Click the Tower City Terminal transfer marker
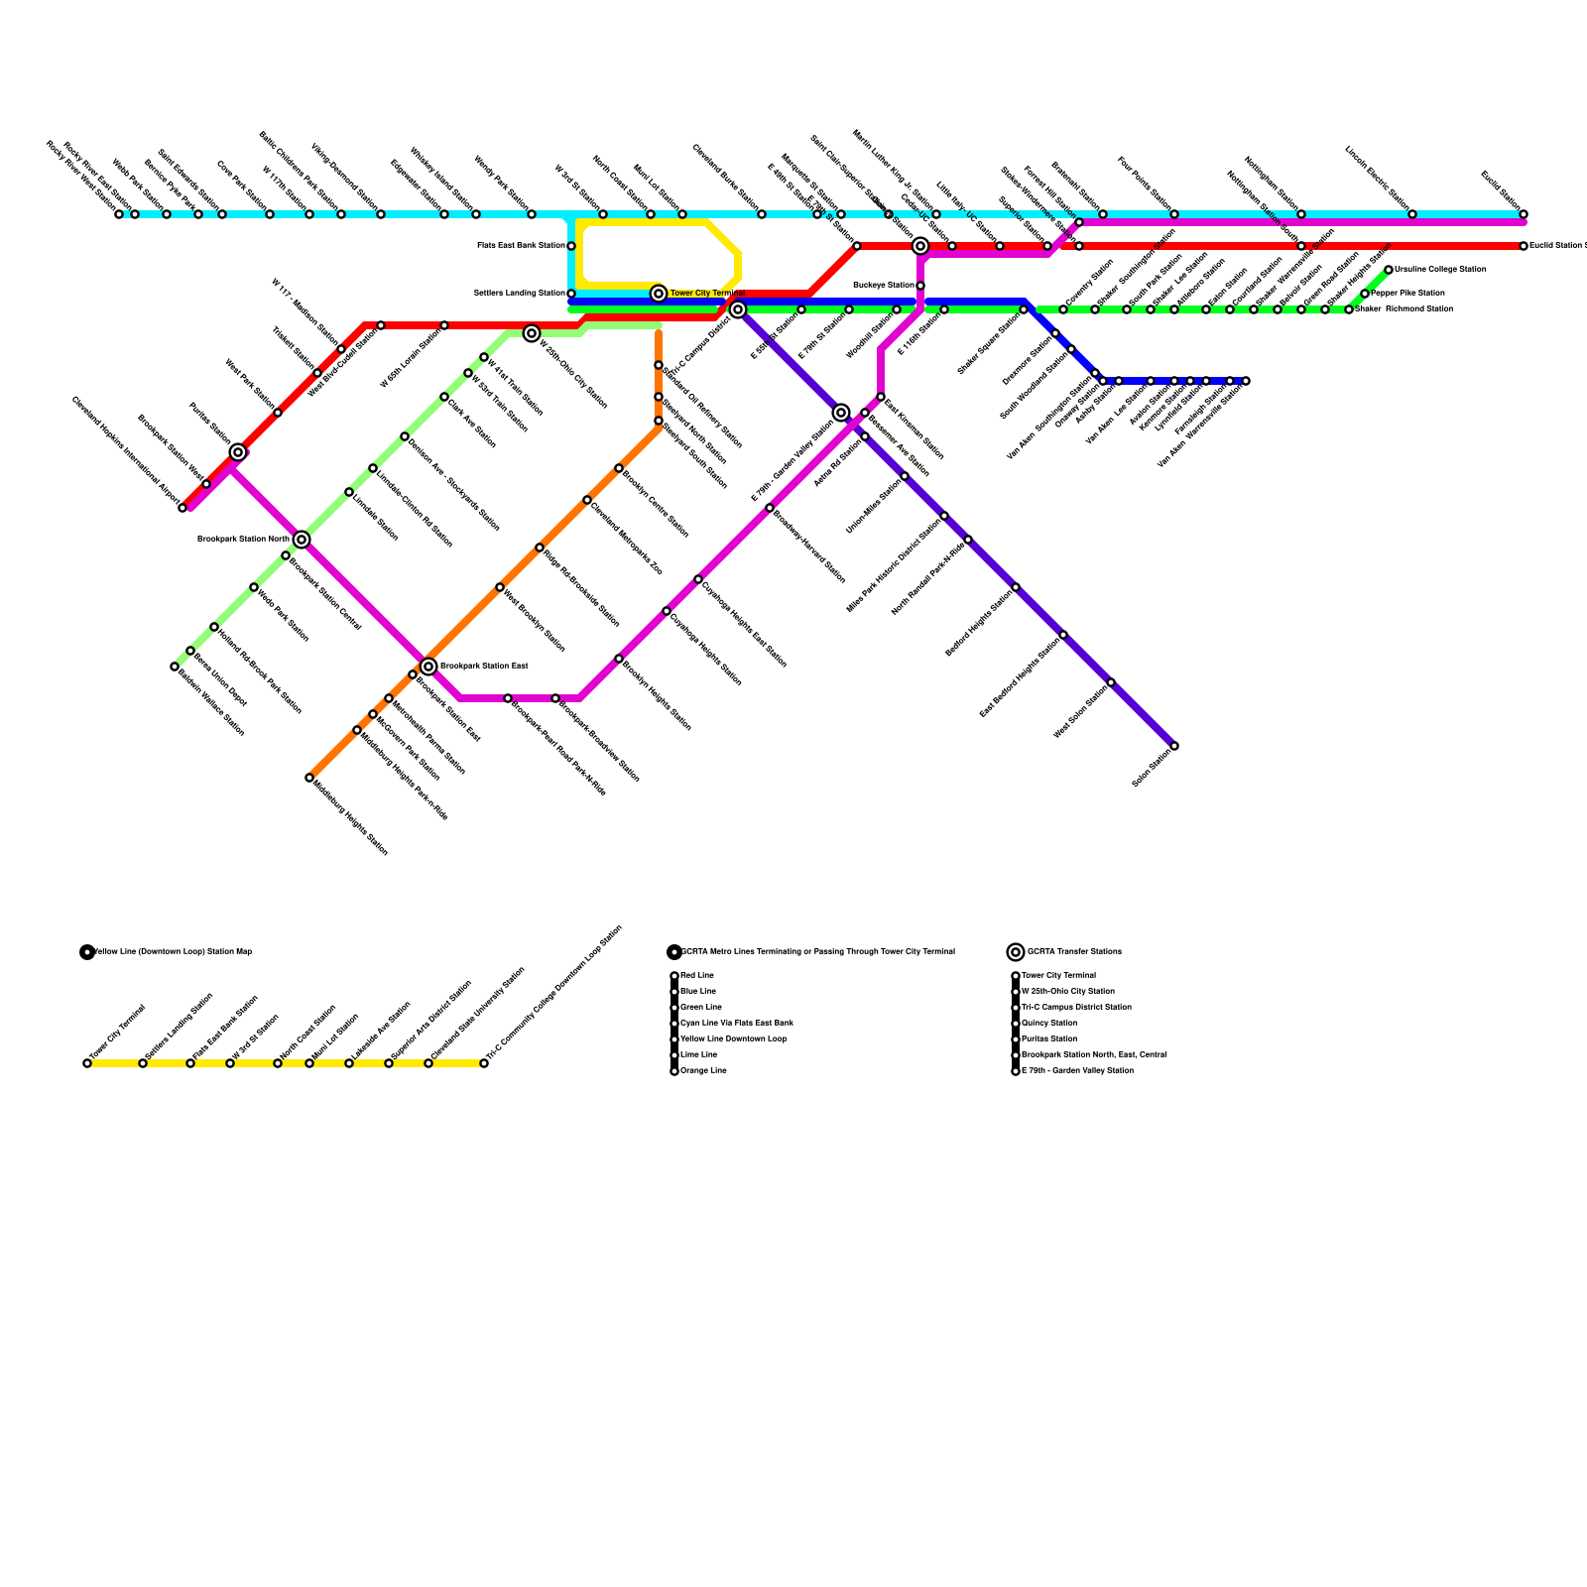click(x=659, y=294)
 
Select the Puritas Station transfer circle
click(x=238, y=452)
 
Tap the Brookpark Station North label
click(x=243, y=540)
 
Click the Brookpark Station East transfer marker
click(x=428, y=667)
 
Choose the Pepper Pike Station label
click(x=1407, y=294)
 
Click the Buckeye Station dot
click(x=920, y=286)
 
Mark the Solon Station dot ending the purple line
click(x=1174, y=746)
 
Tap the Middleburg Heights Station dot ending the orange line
click(x=309, y=778)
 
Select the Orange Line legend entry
click(x=703, y=1071)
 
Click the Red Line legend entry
click(x=697, y=976)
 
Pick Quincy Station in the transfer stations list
click(x=1048, y=1024)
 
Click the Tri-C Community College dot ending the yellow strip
click(x=484, y=1063)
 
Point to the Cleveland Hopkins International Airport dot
click(x=183, y=508)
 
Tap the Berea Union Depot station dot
click(x=190, y=651)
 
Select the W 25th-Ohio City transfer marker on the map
click(x=532, y=333)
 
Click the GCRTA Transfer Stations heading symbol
click(x=1016, y=952)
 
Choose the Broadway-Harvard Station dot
click(x=770, y=508)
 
